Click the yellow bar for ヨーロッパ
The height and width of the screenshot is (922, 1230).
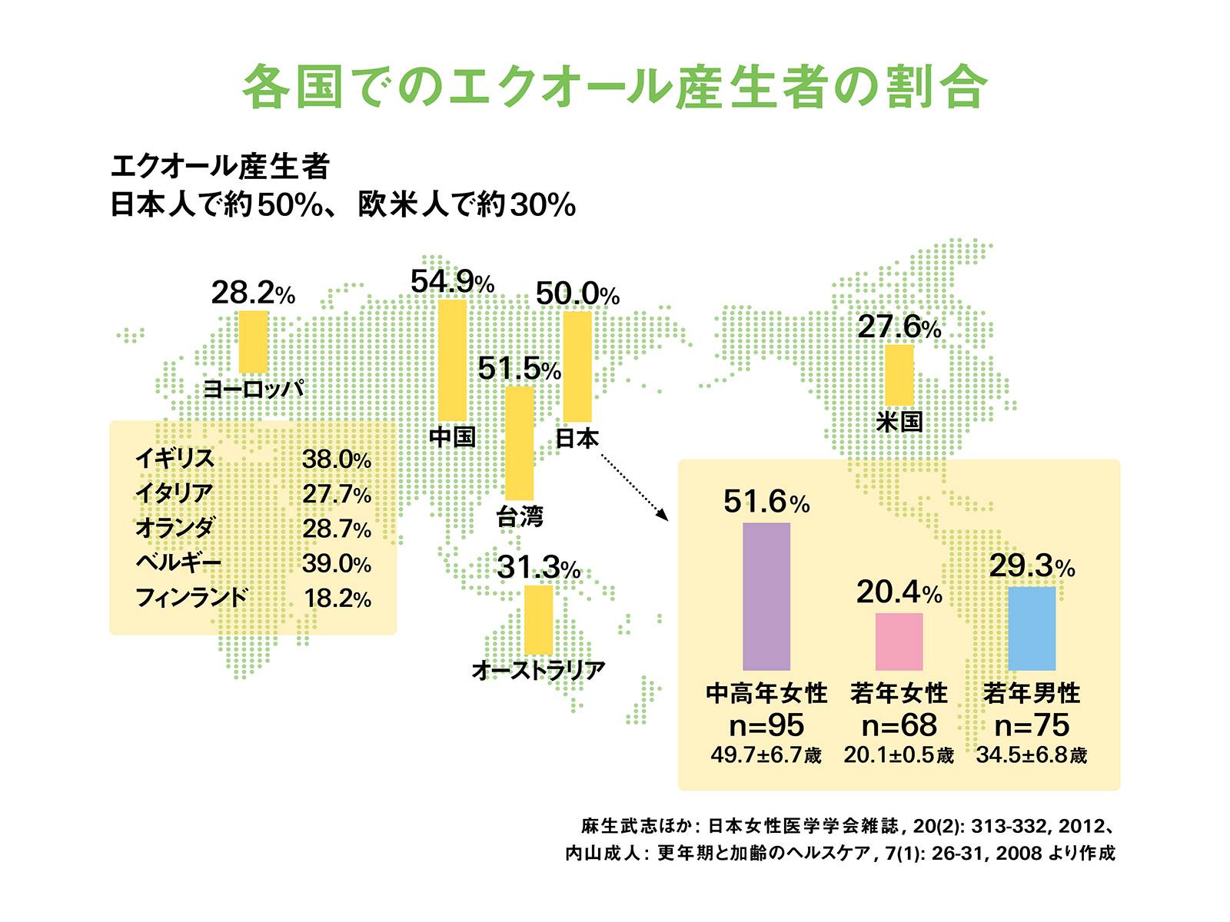coord(253,341)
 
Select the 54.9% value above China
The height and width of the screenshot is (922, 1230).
coord(451,282)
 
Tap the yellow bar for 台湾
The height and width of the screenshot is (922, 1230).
coord(519,443)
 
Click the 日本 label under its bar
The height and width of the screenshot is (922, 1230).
coord(577,438)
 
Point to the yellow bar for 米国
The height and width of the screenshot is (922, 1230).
coord(899,374)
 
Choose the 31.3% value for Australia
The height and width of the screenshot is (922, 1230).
coord(537,568)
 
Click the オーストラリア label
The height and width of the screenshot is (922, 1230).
coord(538,670)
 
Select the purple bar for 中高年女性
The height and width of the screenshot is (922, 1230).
coord(766,596)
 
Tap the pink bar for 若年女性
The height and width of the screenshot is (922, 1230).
coord(899,641)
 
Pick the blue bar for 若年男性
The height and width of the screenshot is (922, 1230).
coord(1031,628)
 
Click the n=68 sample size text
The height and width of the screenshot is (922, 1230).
coord(899,725)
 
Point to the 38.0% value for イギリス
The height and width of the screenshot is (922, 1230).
coord(336,459)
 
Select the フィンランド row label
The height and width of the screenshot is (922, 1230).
coord(191,597)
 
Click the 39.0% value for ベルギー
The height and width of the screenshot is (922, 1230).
coord(336,563)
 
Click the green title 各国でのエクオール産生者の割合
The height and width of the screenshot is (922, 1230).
coord(614,87)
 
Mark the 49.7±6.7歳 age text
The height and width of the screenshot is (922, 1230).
coord(766,755)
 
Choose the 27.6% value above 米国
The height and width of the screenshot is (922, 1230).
coord(898,327)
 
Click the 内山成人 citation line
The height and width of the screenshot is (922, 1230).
coord(839,853)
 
